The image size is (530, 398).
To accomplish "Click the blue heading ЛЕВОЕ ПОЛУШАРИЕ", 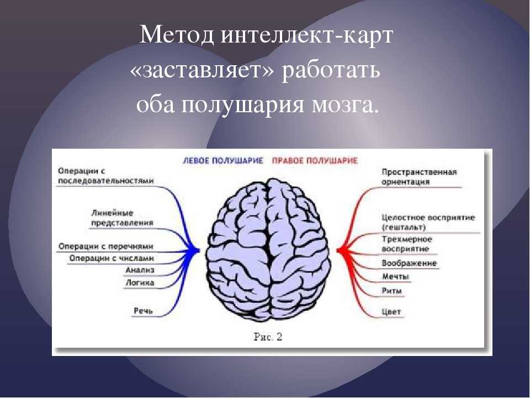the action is pyautogui.click(x=222, y=161).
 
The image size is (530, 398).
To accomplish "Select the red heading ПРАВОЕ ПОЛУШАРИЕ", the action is pyautogui.click(x=315, y=161).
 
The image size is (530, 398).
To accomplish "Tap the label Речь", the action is pyautogui.click(x=144, y=311).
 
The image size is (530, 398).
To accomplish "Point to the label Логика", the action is pyautogui.click(x=140, y=282).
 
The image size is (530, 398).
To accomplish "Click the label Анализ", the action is pyautogui.click(x=140, y=270).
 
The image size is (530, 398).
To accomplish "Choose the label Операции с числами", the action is pyautogui.click(x=112, y=259).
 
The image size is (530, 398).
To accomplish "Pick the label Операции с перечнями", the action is pyautogui.click(x=106, y=247).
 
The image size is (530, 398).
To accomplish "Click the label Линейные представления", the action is pyautogui.click(x=123, y=218).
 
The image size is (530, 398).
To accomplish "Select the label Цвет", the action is pyautogui.click(x=391, y=312).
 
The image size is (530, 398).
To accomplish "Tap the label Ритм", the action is pyautogui.click(x=392, y=291).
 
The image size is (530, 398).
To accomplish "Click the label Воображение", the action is pyautogui.click(x=409, y=263).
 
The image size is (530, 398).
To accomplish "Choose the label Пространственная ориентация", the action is pyautogui.click(x=419, y=177).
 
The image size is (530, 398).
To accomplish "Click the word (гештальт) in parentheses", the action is pyautogui.click(x=404, y=227).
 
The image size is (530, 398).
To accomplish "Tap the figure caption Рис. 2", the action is pyautogui.click(x=268, y=337).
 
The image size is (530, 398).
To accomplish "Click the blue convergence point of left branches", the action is pyautogui.click(x=197, y=251).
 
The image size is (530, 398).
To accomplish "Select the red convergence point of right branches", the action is pyautogui.click(x=340, y=251).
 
